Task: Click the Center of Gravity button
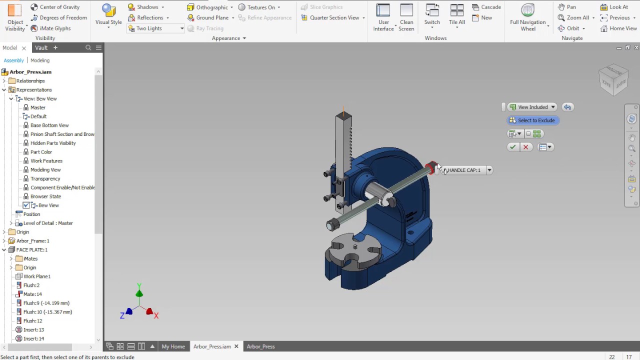coord(55,7)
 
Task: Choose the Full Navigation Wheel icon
coord(527,11)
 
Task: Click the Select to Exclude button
coord(532,120)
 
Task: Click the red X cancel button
coord(525,147)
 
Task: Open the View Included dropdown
coord(532,107)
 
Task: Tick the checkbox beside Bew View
coord(26,205)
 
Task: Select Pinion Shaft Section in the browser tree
coord(62,134)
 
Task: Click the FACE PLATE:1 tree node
coord(31,249)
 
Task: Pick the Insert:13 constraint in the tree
coord(33,329)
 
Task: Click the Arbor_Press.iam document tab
coord(212,346)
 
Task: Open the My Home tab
coord(173,346)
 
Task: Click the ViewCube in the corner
coord(613,78)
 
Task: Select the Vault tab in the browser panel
coord(41,47)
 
